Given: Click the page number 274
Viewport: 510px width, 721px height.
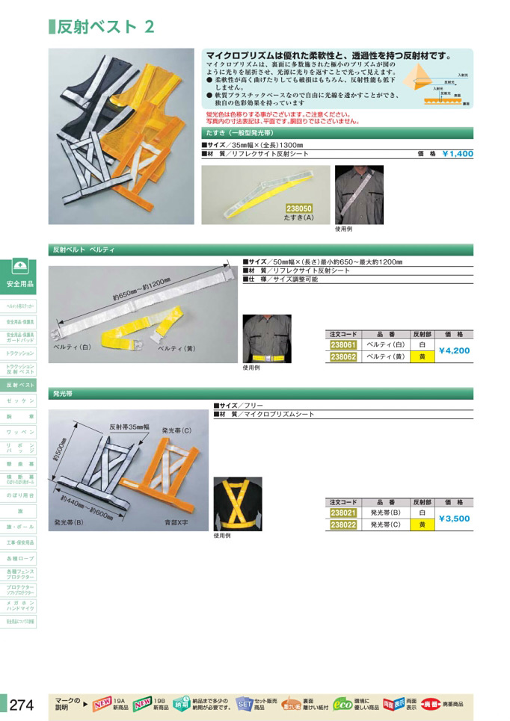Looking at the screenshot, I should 22,704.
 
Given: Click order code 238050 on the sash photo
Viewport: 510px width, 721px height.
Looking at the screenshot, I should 299,209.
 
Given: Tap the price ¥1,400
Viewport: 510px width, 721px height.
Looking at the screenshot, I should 458,153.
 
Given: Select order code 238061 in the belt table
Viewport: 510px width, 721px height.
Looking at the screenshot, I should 343,345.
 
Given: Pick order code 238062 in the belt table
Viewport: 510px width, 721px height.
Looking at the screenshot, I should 343,357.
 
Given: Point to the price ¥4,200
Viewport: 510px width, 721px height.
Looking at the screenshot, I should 455,350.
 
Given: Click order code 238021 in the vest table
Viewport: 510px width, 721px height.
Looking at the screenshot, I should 343,513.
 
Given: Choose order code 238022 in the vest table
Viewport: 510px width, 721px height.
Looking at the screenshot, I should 343,525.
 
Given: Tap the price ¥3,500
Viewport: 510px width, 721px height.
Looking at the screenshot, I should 455,519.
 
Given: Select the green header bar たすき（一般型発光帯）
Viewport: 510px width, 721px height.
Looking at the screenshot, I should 337,132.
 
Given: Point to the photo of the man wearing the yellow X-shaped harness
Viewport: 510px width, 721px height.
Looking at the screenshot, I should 238,504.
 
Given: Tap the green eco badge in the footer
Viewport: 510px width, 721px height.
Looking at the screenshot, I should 343,704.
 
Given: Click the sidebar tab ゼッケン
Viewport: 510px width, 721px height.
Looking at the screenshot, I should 21,401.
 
